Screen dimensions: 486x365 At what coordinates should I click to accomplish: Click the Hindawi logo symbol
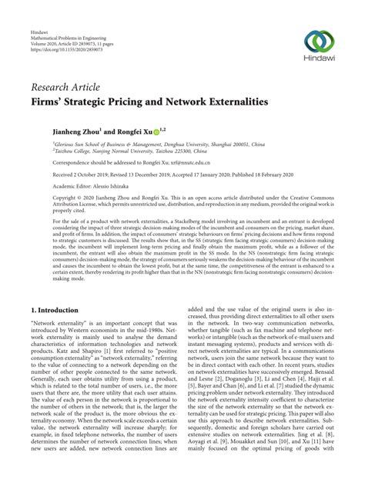pos(319,41)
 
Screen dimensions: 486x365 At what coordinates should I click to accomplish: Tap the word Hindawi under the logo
pos(319,62)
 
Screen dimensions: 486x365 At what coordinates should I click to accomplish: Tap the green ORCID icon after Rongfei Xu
pos(157,131)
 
